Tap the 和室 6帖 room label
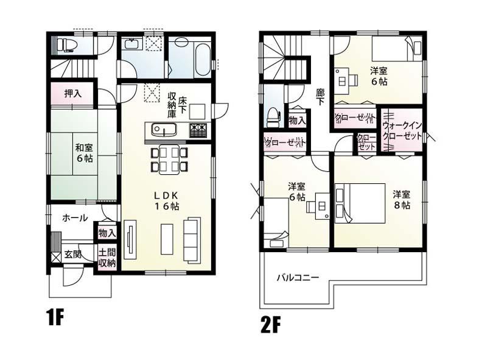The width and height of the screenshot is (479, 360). click(x=84, y=152)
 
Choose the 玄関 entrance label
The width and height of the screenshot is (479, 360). click(x=73, y=255)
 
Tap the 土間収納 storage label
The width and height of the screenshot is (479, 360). click(x=107, y=258)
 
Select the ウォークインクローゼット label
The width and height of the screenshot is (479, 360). click(x=402, y=130)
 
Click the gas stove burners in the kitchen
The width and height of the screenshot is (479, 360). click(x=198, y=130)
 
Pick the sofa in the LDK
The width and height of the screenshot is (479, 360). click(x=194, y=239)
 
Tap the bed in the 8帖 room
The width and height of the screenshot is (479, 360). click(x=358, y=203)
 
